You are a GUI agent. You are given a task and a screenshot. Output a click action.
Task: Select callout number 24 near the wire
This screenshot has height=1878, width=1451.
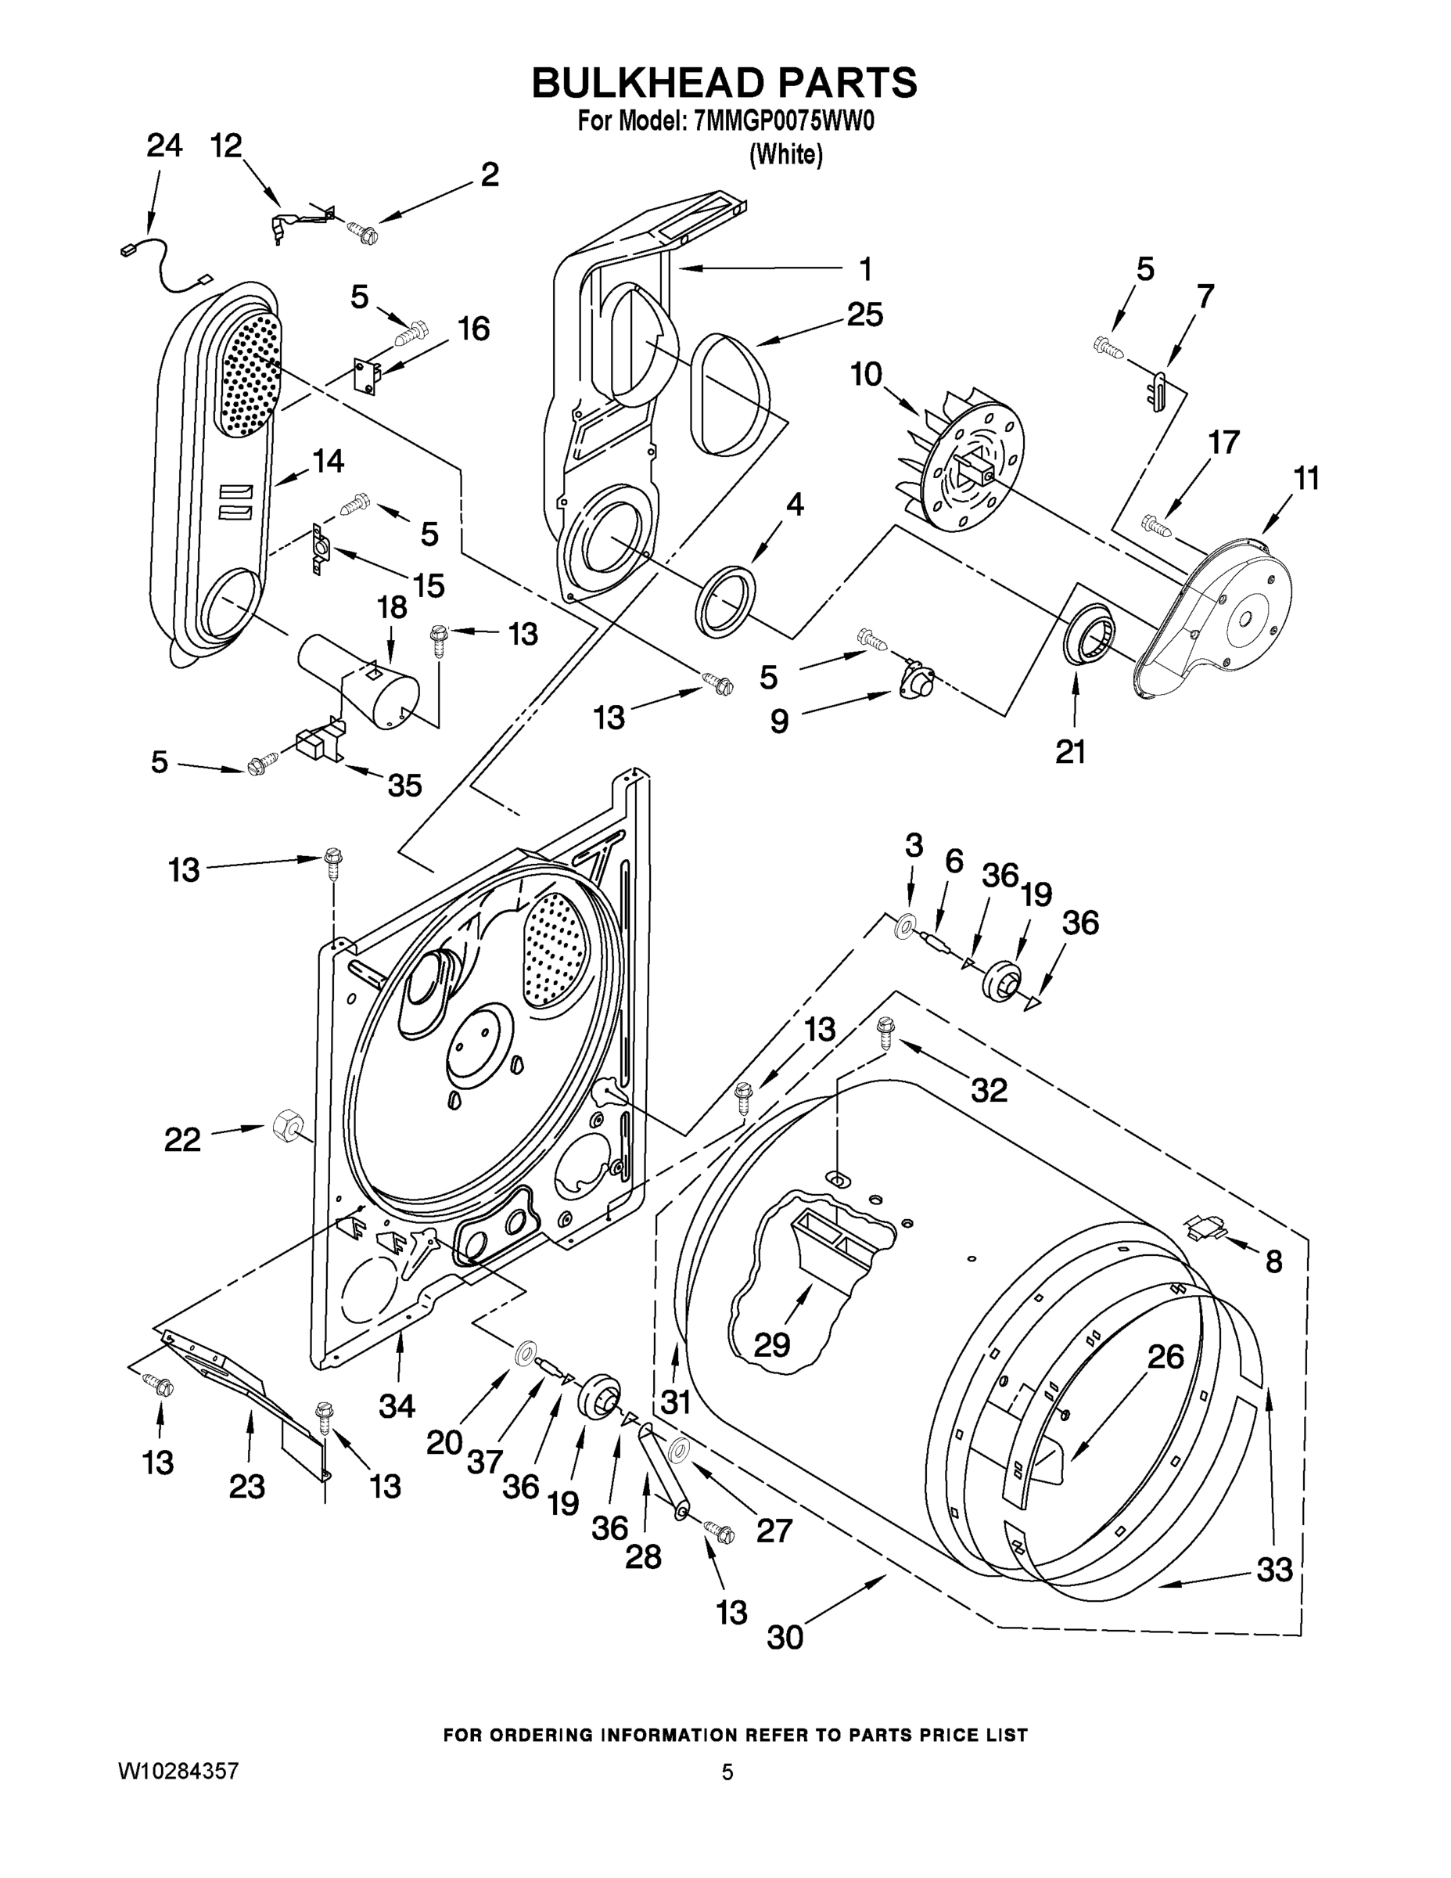tap(163, 146)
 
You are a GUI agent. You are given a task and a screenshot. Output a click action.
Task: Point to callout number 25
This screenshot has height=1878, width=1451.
tap(865, 315)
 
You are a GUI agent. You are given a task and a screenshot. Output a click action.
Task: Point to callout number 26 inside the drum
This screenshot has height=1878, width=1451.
tap(1165, 1357)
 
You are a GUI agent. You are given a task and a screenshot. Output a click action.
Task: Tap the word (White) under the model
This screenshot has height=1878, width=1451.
tap(785, 155)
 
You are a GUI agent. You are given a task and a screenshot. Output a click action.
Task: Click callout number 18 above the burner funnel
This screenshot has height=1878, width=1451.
tap(392, 607)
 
